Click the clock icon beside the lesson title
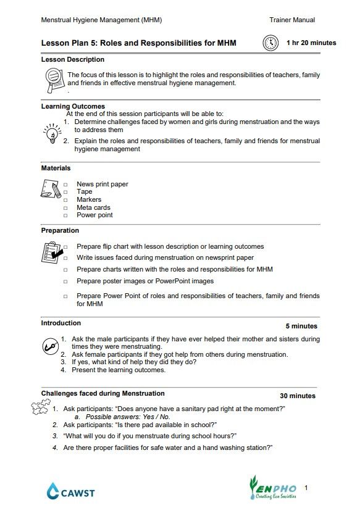pyautogui.click(x=270, y=43)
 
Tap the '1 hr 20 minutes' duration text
pyautogui.click(x=311, y=43)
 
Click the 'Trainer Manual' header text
pyautogui.click(x=292, y=20)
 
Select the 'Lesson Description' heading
pyautogui.click(x=72, y=60)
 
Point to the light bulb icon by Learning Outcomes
pyautogui.click(x=51, y=132)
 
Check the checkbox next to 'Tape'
pyautogui.click(x=65, y=193)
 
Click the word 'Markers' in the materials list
pyautogui.click(x=89, y=200)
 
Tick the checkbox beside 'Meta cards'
pyautogui.click(x=65, y=208)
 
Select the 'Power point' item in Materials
pyautogui.click(x=94, y=215)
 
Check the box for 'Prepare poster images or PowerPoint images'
pyautogui.click(x=65, y=281)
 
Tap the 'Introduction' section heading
pyautogui.click(x=61, y=323)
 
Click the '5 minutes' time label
pyautogui.click(x=301, y=326)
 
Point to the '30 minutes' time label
pyautogui.click(x=298, y=396)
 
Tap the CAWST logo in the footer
pyautogui.click(x=70, y=491)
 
